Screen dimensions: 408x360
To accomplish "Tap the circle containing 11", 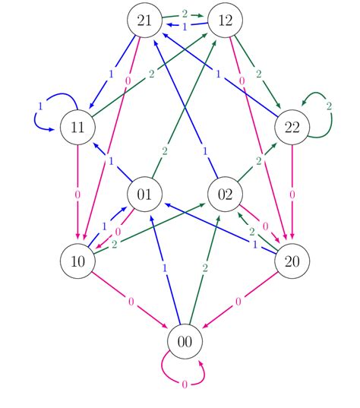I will click(77, 127).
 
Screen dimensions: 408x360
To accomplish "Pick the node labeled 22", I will click(292, 127).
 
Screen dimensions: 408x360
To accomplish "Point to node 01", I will click(145, 195).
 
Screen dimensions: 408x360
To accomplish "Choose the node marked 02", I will click(225, 195).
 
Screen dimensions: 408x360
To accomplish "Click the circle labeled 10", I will click(77, 261).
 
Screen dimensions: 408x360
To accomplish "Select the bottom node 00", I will click(185, 342).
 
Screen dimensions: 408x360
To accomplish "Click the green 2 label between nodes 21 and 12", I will click(185, 14).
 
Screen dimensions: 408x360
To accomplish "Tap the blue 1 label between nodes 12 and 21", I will click(185, 27).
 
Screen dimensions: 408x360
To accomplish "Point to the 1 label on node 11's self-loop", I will click(39, 105).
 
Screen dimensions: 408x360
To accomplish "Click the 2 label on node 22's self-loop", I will click(329, 105).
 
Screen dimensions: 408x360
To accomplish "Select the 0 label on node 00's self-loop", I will click(185, 385).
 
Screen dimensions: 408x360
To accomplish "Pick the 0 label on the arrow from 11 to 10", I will click(77, 195).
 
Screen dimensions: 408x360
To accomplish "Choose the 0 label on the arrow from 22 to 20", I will click(292, 195).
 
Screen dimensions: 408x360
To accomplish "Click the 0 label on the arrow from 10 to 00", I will click(131, 302).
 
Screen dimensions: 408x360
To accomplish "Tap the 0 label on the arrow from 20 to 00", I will click(238, 302).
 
